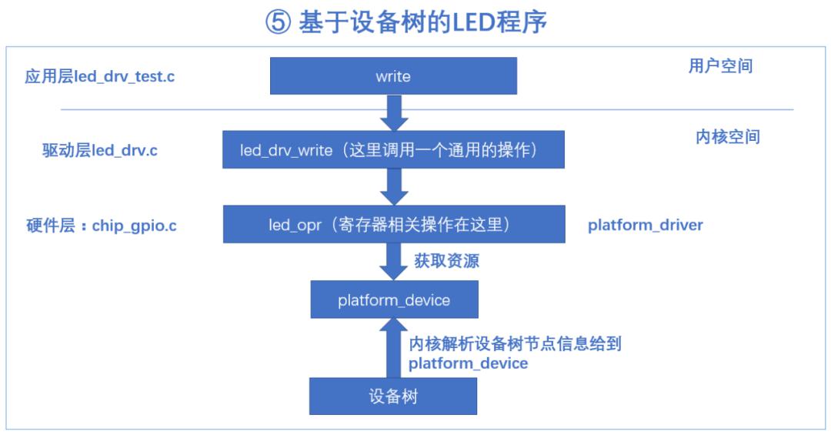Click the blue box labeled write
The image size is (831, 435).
click(393, 76)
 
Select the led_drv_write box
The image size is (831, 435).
click(393, 149)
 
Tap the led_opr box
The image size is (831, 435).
click(394, 224)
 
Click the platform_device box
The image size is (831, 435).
click(394, 299)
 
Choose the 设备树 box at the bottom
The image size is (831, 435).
click(393, 396)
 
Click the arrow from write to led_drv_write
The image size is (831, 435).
click(394, 112)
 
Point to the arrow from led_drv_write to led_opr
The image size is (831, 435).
click(394, 187)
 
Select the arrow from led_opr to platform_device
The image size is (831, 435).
click(394, 262)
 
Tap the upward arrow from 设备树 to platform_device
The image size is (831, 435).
click(394, 348)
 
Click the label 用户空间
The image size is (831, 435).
click(720, 65)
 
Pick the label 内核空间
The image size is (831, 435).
click(728, 137)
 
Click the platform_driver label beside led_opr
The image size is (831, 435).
click(646, 225)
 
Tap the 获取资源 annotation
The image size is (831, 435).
click(447, 260)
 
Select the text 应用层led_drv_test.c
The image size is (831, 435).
click(99, 76)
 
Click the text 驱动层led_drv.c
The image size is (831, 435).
click(99, 150)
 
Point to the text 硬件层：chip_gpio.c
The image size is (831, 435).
click(102, 226)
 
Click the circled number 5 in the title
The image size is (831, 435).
click(278, 22)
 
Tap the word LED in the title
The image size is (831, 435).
click(466, 22)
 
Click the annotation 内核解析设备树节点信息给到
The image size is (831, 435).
click(515, 343)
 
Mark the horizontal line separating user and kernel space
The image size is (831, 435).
click(427, 110)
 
